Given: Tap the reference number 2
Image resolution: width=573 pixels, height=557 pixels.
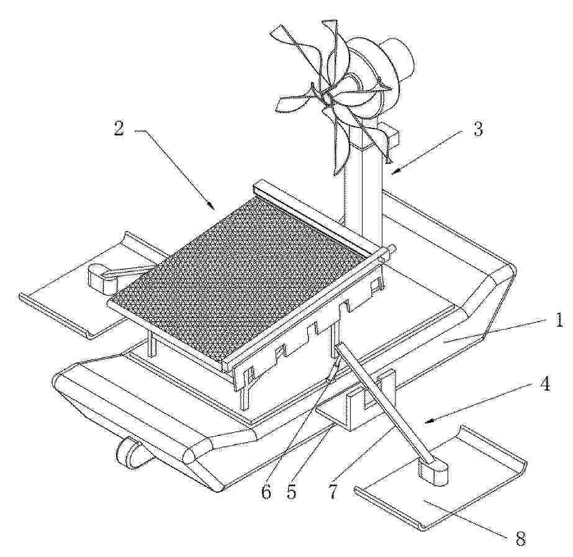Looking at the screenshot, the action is pyautogui.click(x=119, y=129).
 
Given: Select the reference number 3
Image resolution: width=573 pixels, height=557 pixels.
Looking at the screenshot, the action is pyautogui.click(x=477, y=129).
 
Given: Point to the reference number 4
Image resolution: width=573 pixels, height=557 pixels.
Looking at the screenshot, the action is pyautogui.click(x=546, y=384).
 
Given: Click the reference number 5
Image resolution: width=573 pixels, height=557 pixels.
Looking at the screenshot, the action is pyautogui.click(x=292, y=492).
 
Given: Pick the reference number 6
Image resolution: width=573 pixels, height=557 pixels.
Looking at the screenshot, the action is pyautogui.click(x=266, y=492).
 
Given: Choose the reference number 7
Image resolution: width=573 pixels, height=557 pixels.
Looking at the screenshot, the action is pyautogui.click(x=333, y=492).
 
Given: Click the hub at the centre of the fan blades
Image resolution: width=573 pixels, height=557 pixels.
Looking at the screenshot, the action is pyautogui.click(x=327, y=97).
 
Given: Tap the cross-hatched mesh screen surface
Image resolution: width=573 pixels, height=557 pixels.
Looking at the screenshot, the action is pyautogui.click(x=241, y=278).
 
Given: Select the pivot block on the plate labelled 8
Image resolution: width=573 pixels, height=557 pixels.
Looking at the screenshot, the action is pyautogui.click(x=434, y=474).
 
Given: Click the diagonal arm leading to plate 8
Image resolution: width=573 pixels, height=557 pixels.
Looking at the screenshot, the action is pyautogui.click(x=385, y=401).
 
